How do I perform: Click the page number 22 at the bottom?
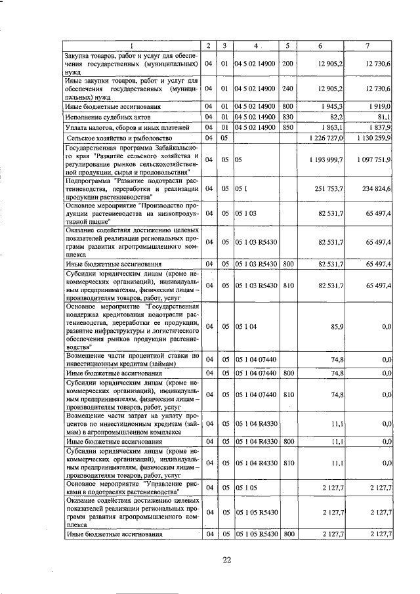[228, 559]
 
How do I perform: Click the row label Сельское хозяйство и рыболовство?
[119, 138]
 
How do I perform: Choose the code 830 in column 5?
[287, 116]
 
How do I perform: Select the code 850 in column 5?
[287, 127]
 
